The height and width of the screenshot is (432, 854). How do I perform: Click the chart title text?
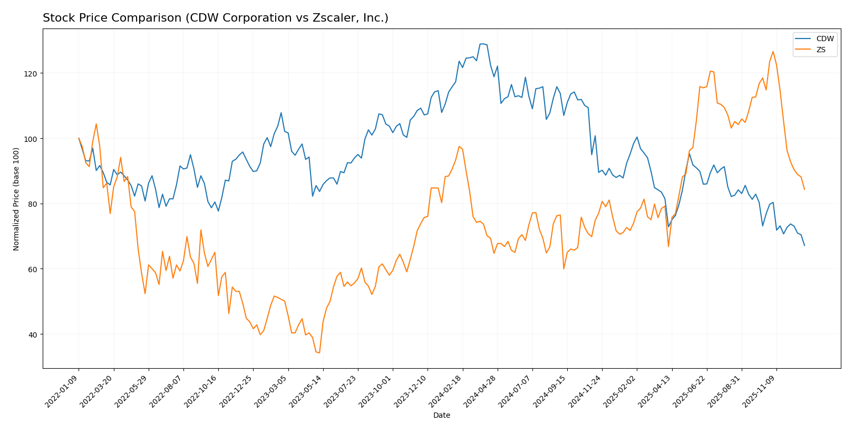(x=215, y=18)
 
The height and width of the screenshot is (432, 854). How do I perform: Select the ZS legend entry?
(x=821, y=51)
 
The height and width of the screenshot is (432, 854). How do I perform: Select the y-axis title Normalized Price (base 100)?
(x=16, y=199)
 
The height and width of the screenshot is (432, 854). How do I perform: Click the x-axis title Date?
(x=441, y=416)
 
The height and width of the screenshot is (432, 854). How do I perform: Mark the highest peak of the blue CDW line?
(x=482, y=44)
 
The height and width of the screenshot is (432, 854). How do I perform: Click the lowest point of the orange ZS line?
(x=319, y=353)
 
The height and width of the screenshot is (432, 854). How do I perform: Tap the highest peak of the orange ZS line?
(x=773, y=52)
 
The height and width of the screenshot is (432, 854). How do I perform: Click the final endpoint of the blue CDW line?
(x=804, y=245)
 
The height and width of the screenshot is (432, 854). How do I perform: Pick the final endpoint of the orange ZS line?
(x=804, y=189)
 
